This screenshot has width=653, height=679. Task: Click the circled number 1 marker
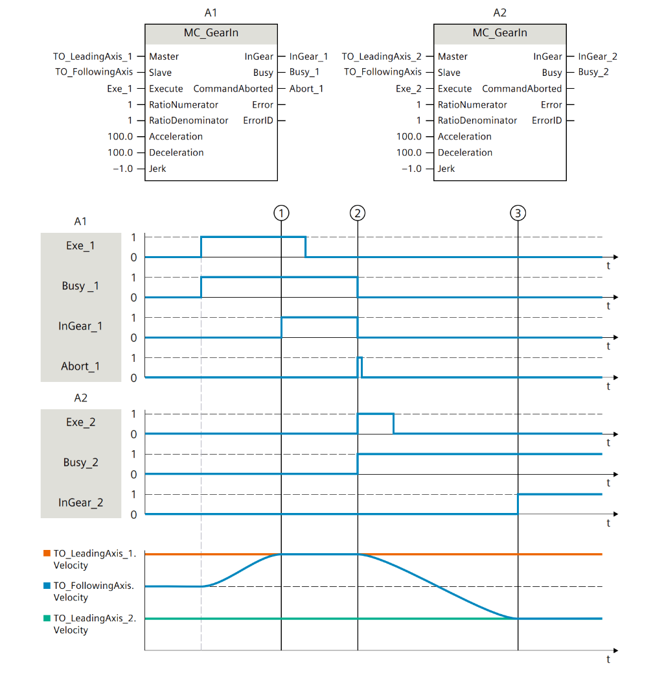281,212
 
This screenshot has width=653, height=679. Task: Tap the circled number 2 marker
357,212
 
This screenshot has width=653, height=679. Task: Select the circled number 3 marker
518,212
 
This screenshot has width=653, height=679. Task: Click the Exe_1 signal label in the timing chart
80,246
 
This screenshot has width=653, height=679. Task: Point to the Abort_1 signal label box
80,366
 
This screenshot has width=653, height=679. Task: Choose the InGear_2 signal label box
80,503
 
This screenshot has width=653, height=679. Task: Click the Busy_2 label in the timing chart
80,462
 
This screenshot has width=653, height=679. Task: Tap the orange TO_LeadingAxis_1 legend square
47,553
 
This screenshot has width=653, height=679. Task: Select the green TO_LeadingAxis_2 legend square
47,618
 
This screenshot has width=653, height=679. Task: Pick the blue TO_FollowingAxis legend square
47,586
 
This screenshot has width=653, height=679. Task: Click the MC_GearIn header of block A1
211,32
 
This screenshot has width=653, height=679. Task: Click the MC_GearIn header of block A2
499,32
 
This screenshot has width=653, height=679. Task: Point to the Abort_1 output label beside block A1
306,89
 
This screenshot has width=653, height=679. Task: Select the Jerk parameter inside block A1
157,169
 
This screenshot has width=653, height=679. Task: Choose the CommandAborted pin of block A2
521,89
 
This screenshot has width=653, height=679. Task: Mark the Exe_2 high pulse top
375,414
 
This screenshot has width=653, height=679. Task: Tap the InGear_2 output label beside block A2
597,56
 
